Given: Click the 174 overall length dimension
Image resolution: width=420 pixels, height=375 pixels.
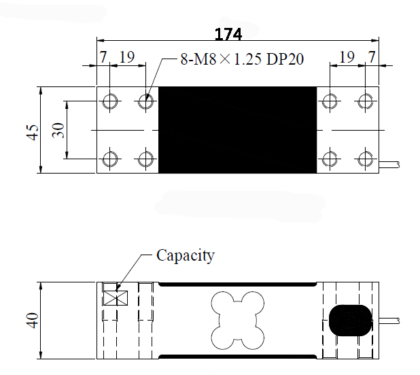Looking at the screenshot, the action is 228,34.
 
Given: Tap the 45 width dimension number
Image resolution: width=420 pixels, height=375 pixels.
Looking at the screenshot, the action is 33,132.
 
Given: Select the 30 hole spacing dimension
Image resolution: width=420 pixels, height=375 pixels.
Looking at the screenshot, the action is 58,131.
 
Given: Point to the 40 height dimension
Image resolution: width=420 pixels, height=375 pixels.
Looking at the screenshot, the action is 33,320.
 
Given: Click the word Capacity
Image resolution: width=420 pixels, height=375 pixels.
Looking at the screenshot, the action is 186,256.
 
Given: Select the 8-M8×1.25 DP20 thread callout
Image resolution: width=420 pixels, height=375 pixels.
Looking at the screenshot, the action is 242,59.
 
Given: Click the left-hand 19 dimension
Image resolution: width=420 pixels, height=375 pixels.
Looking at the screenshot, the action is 126,57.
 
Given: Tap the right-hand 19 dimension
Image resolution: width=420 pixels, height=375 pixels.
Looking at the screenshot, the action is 347,57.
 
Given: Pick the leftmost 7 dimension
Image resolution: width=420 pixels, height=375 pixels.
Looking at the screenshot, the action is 103,57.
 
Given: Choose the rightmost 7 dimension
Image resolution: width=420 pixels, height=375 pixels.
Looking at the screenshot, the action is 372,57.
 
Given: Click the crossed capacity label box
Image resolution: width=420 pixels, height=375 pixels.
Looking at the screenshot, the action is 116,298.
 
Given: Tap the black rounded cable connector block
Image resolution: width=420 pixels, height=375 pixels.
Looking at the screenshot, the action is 351,321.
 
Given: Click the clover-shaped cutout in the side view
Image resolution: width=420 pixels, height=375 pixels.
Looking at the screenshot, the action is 238,321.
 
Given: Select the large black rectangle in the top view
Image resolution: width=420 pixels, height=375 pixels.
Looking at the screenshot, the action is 238,130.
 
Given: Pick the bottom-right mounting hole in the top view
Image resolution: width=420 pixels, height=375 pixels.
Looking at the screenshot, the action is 366,159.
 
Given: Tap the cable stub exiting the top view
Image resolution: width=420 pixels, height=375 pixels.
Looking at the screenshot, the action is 389,165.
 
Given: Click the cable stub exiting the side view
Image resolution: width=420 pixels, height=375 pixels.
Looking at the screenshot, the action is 389,321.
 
